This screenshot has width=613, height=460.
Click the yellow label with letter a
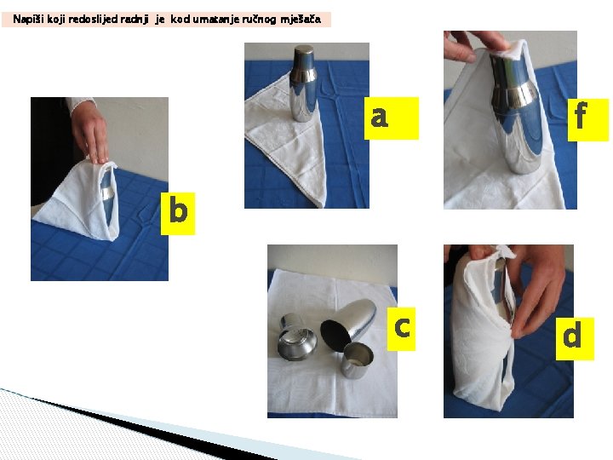392,118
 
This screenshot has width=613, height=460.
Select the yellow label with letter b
178,214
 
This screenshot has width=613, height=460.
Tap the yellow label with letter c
401,329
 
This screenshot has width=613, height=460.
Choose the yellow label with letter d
575,339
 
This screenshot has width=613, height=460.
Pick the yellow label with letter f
588,120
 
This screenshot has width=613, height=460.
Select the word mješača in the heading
301,19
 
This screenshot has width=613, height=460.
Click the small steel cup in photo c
357,360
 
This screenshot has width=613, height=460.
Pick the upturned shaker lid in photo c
297,336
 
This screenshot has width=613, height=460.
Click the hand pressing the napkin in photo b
90,133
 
